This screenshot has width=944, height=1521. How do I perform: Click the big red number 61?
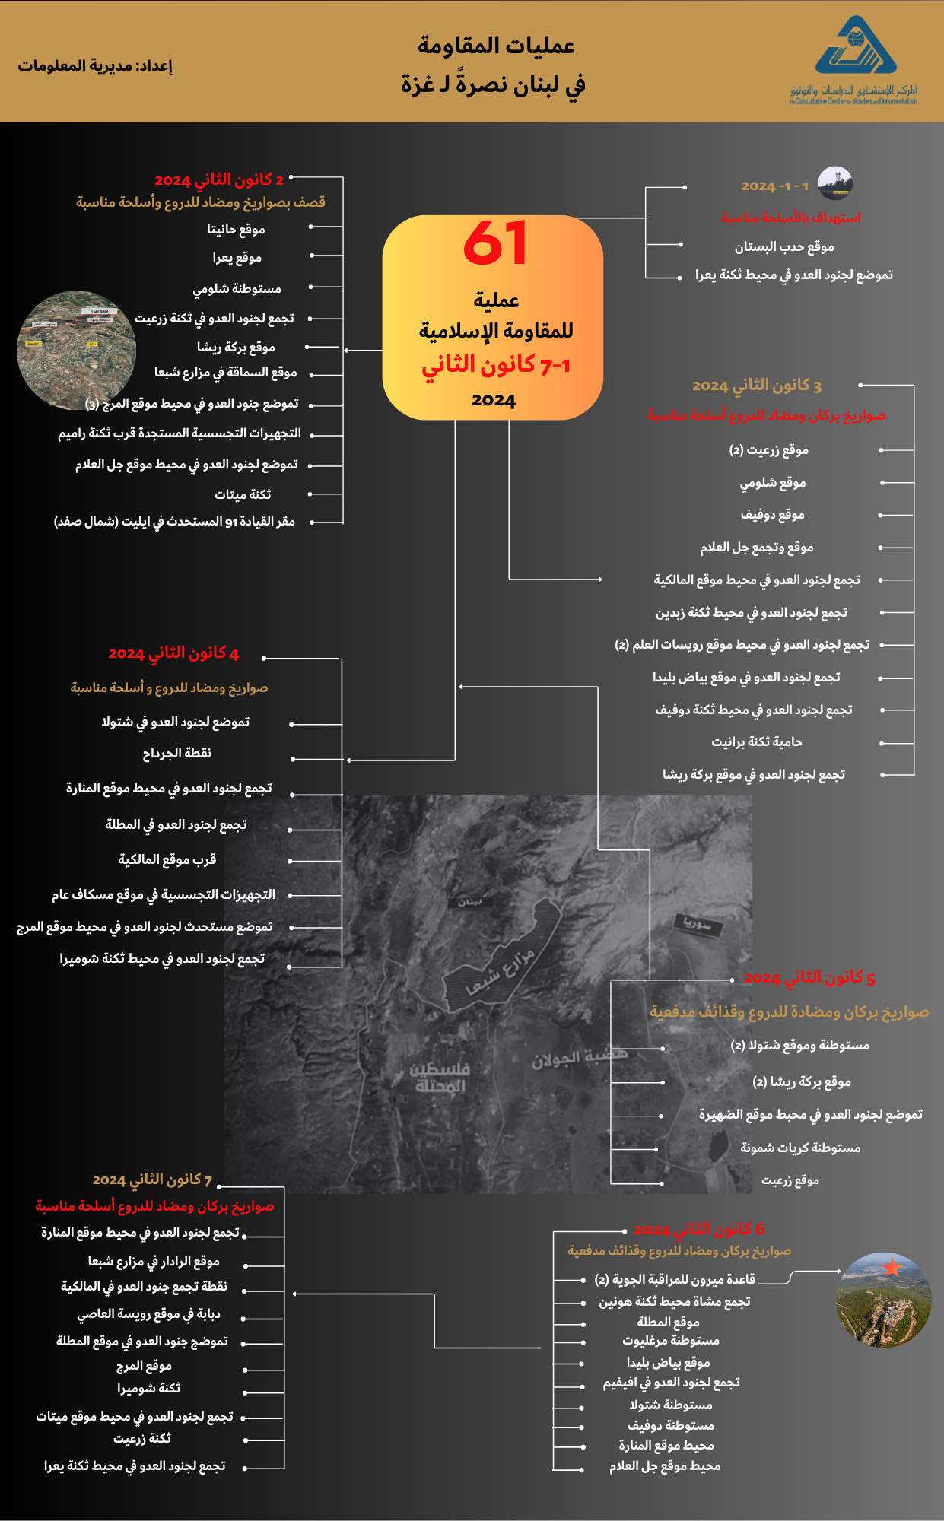click(494, 243)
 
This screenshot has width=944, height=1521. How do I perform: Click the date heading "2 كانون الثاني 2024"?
click(219, 180)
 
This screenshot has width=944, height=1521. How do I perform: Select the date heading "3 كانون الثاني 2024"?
click(756, 386)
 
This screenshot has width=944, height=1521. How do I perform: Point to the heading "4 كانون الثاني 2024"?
click(173, 653)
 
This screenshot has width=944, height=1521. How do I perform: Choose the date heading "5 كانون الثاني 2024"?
click(809, 978)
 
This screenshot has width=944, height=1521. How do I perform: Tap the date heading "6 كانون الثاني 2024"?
click(698, 1230)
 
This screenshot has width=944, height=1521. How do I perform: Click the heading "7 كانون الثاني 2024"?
click(152, 1180)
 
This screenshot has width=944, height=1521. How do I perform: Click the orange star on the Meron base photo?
click(892, 1268)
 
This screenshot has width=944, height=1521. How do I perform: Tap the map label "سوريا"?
click(698, 924)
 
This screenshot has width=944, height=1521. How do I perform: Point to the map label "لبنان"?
click(470, 901)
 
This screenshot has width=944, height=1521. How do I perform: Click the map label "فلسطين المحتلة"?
click(440, 1078)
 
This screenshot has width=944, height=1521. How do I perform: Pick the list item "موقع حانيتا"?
click(236, 229)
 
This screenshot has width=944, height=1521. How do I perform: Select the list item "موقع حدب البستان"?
click(784, 247)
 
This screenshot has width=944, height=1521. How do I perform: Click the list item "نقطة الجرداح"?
click(177, 753)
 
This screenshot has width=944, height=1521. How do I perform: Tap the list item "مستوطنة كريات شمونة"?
click(800, 1148)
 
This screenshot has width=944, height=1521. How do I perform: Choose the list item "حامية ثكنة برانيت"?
click(756, 741)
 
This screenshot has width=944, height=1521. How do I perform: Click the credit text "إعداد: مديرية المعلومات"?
click(95, 66)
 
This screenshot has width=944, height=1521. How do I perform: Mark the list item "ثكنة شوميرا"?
click(148, 1388)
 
